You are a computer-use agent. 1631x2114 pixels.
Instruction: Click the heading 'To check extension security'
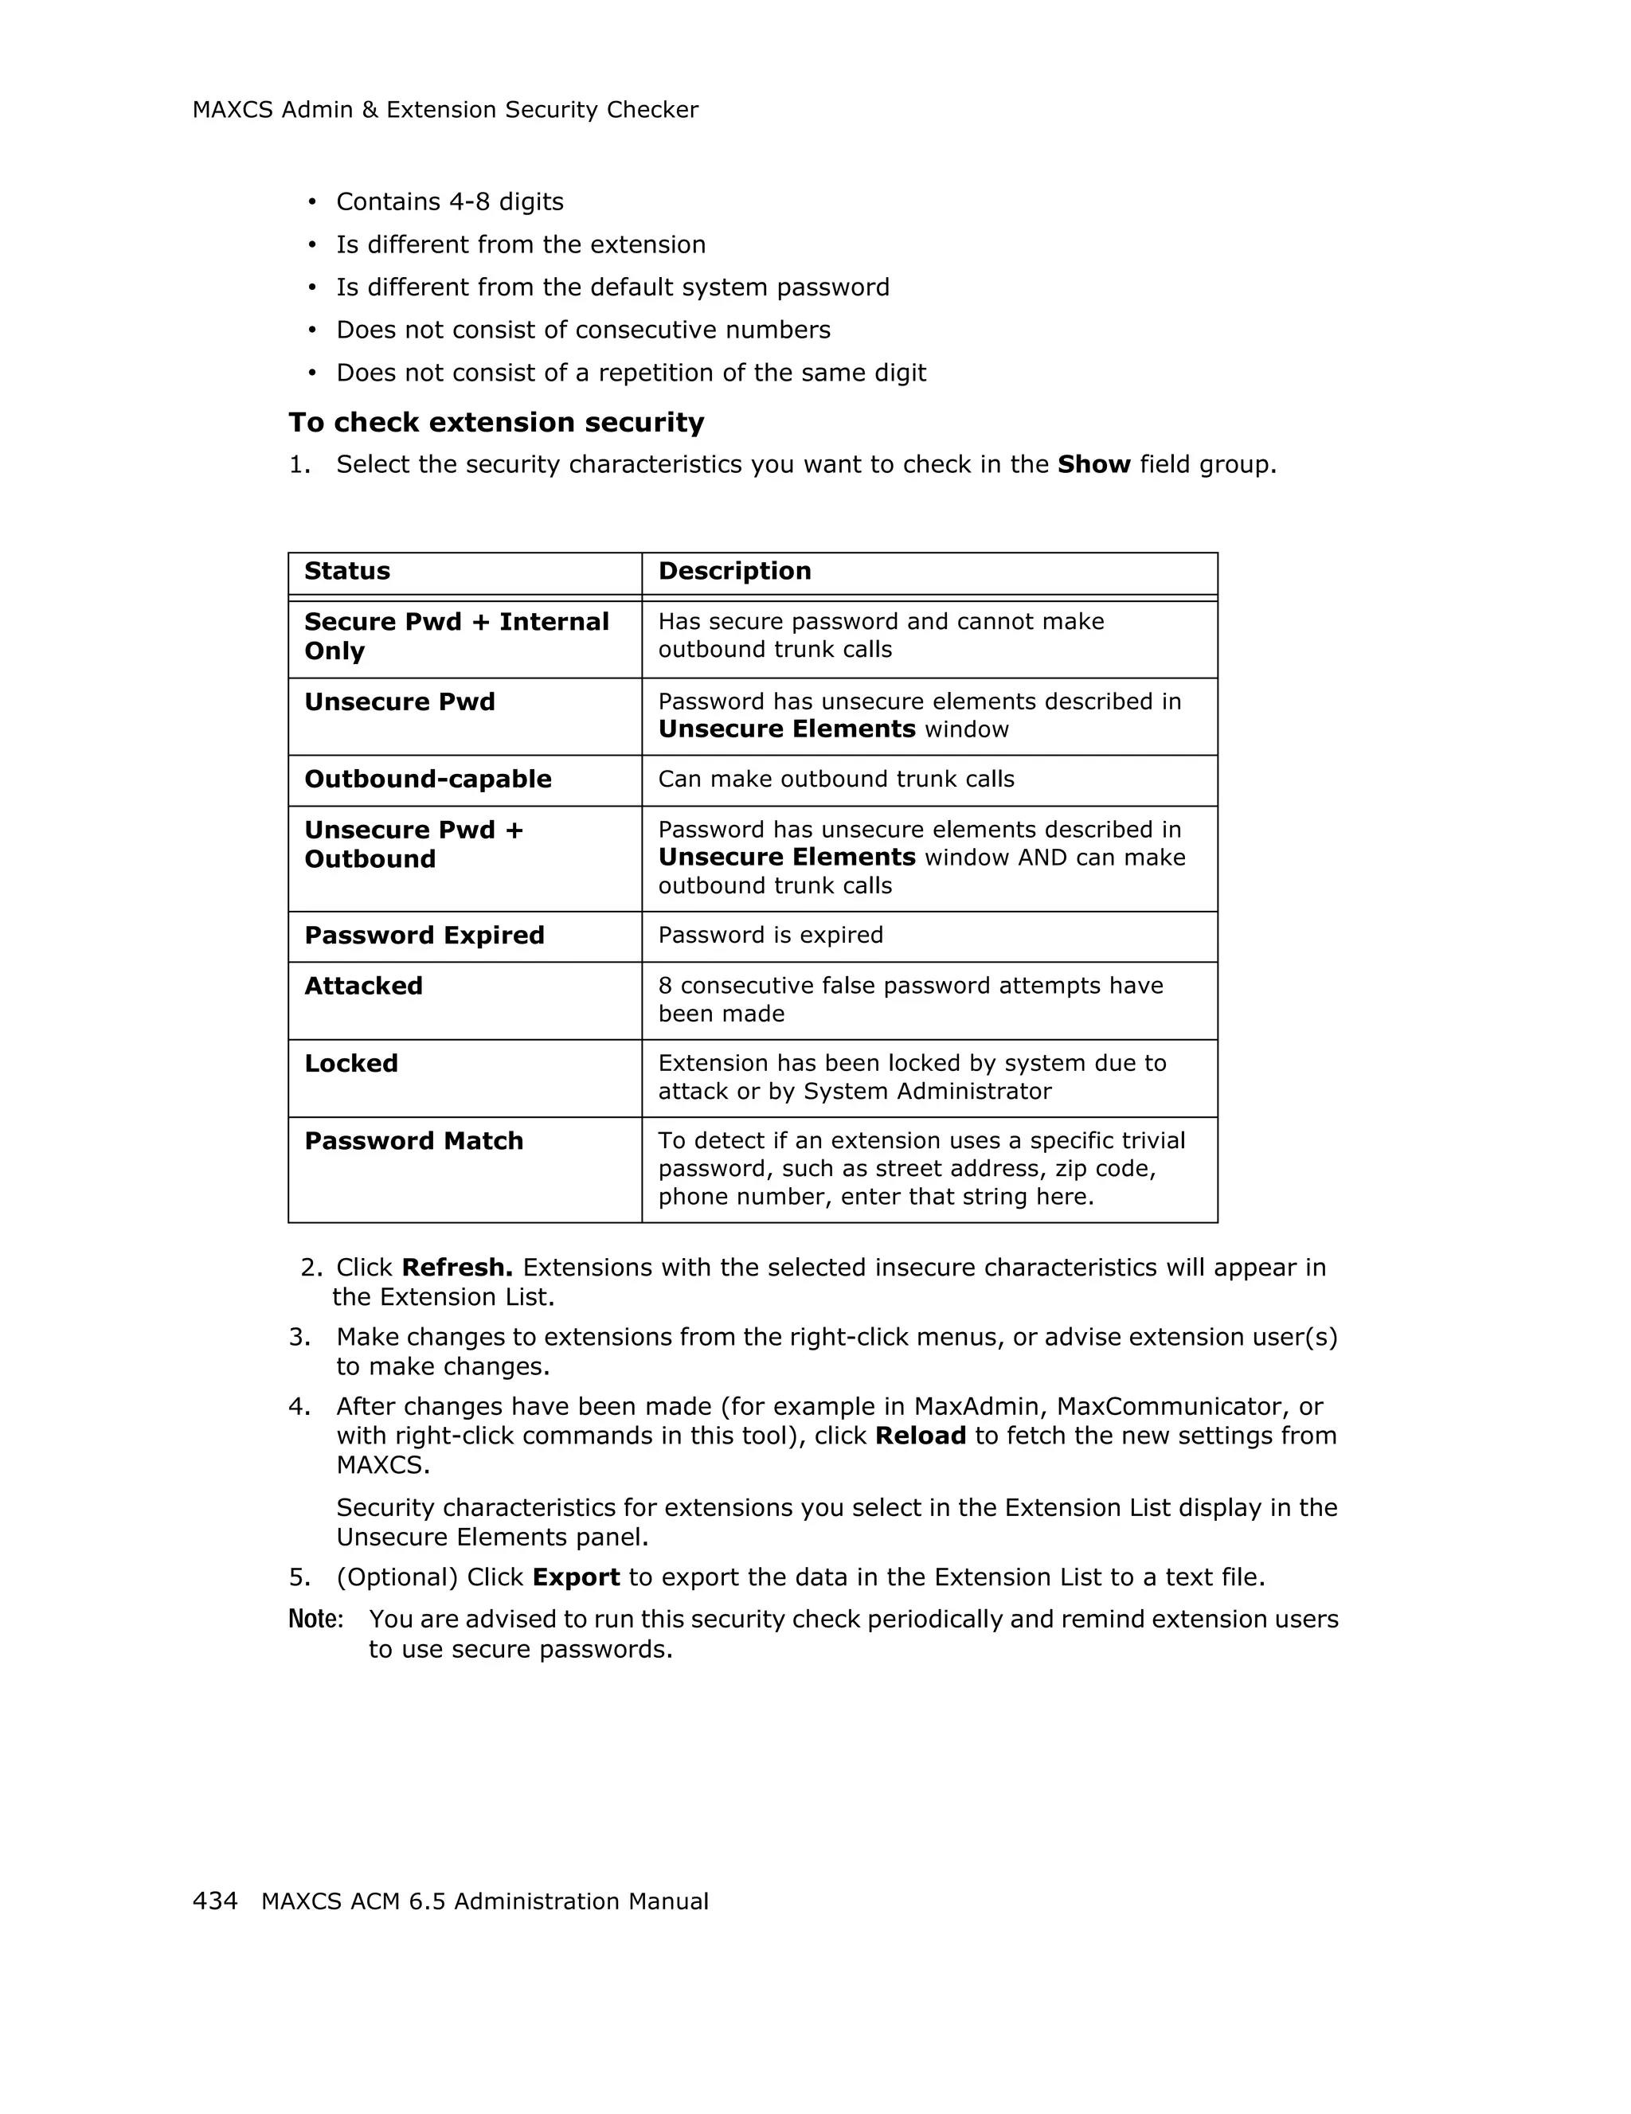(x=495, y=423)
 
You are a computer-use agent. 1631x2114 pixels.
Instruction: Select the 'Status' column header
(x=346, y=571)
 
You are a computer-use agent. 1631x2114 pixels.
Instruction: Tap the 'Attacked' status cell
(x=363, y=987)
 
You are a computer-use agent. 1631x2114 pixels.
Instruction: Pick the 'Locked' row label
(x=350, y=1064)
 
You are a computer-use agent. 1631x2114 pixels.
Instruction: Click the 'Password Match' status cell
(x=413, y=1141)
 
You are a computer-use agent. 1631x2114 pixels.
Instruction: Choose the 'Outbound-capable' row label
(x=427, y=780)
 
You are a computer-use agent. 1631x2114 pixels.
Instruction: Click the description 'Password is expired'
(x=769, y=935)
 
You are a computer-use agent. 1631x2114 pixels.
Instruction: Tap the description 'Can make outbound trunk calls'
(x=835, y=780)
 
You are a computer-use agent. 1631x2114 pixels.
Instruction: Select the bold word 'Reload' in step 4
(x=920, y=1436)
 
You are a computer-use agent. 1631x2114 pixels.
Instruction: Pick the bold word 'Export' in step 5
(x=576, y=1578)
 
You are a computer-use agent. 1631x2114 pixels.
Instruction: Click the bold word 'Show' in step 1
(x=1093, y=465)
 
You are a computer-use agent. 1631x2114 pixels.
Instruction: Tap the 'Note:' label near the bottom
(x=315, y=1620)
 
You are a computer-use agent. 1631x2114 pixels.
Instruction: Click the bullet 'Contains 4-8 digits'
(x=449, y=202)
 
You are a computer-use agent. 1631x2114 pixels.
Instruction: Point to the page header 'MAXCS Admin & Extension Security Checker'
(x=445, y=111)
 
